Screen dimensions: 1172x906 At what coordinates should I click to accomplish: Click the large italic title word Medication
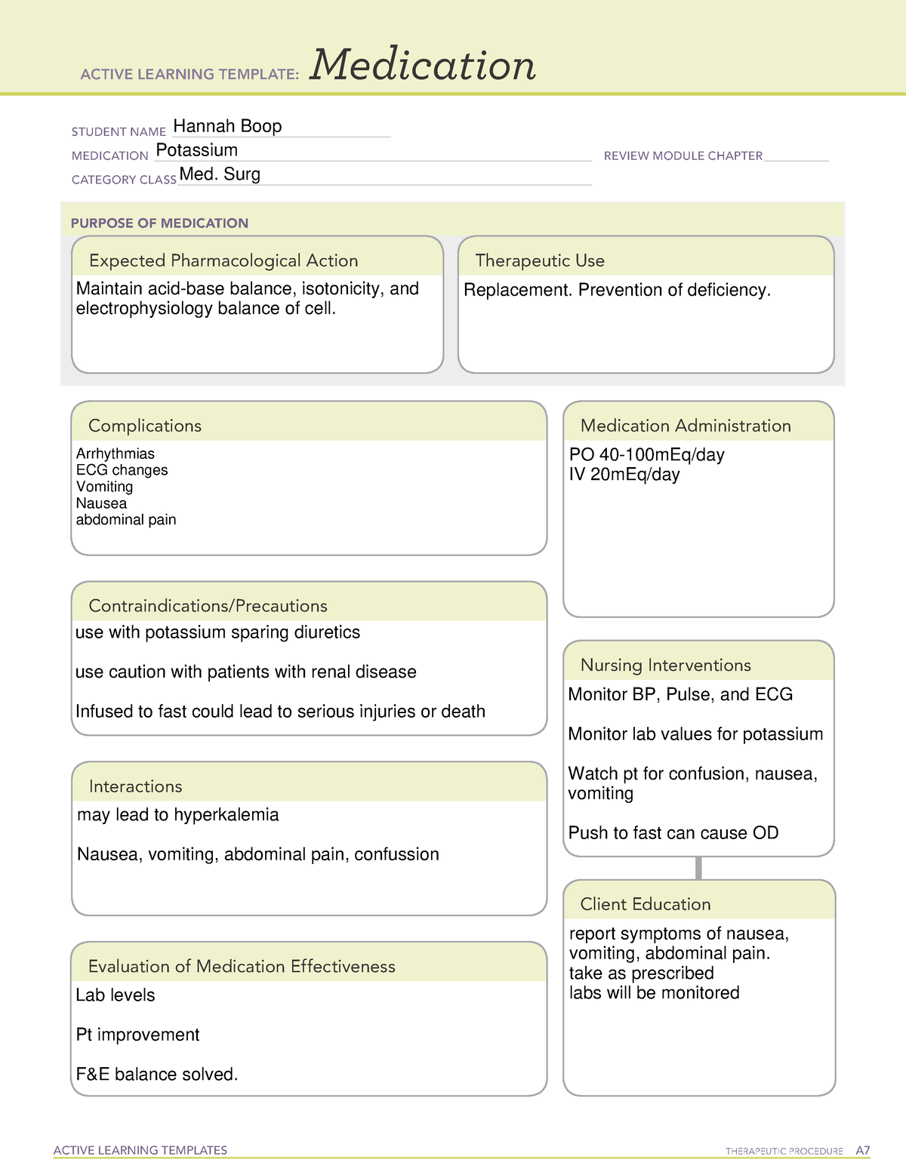click(423, 65)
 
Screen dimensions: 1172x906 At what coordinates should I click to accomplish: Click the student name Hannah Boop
click(227, 126)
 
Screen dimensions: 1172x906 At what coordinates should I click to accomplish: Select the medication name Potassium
click(196, 150)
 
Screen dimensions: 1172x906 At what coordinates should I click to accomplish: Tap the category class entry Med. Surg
click(220, 174)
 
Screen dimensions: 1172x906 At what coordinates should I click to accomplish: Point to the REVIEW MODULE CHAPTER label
click(683, 155)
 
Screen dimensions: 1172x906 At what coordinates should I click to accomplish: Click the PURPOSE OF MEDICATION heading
click(159, 223)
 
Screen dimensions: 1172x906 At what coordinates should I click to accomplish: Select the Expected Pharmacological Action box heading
click(223, 260)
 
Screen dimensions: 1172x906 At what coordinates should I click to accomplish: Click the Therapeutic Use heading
click(540, 260)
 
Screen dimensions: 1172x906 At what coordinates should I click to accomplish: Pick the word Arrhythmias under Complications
click(115, 454)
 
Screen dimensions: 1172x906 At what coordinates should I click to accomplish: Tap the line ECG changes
click(122, 470)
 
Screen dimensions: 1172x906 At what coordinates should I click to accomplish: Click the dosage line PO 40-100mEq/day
click(646, 455)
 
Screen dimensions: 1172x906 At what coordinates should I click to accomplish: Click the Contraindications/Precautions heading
click(208, 606)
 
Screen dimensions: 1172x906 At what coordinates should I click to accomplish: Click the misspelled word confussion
click(396, 854)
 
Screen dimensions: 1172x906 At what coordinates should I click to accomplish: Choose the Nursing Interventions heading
click(665, 665)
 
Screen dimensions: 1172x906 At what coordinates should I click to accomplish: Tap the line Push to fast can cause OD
click(673, 833)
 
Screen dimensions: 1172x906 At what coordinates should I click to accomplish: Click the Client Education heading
click(645, 904)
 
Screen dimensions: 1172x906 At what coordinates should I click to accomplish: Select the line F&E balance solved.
click(157, 1075)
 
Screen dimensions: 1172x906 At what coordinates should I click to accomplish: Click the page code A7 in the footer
click(863, 1151)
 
